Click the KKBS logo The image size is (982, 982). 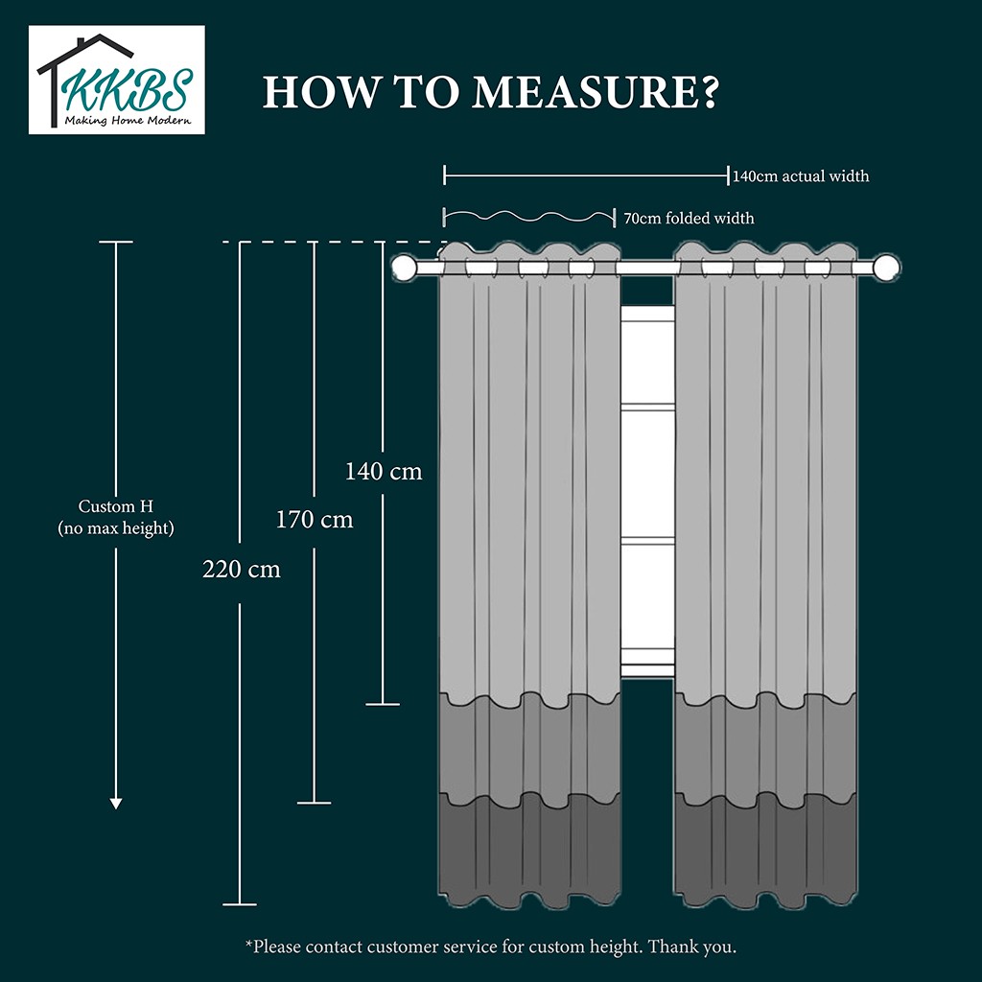[x=116, y=81]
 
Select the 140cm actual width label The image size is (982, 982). [x=801, y=176]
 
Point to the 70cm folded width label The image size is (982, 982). [x=689, y=219]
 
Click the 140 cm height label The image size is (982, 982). [x=384, y=472]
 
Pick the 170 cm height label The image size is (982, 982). [x=315, y=520]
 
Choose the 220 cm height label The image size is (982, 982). [x=242, y=569]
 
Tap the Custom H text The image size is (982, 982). [x=116, y=506]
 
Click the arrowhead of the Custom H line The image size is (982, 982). [x=116, y=803]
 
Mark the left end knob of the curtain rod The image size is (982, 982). [x=405, y=268]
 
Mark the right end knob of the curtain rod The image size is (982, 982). [x=887, y=268]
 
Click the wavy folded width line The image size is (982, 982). [x=528, y=217]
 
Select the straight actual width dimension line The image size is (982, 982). [x=586, y=175]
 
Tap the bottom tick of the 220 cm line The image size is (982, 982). [x=239, y=903]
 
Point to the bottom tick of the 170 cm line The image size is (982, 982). [x=314, y=803]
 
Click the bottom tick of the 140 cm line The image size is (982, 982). [x=383, y=705]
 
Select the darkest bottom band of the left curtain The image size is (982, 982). [x=529, y=849]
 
